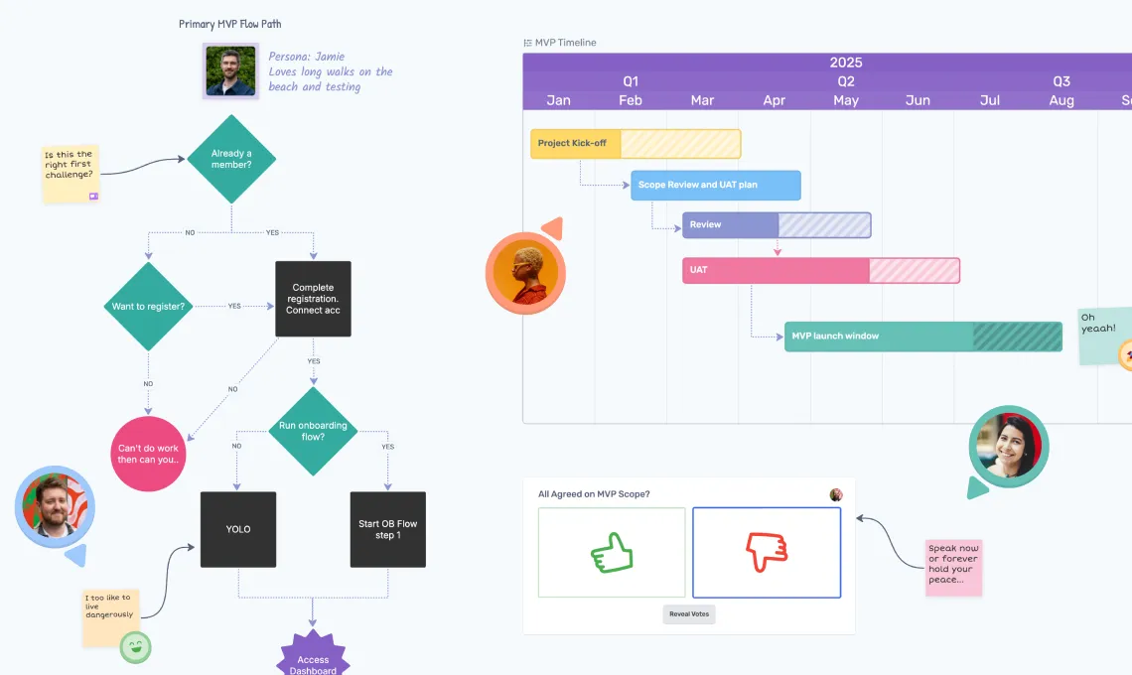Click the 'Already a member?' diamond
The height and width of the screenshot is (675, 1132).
click(231, 159)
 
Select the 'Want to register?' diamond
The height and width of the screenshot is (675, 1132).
click(148, 306)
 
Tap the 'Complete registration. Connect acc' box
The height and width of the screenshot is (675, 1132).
click(313, 299)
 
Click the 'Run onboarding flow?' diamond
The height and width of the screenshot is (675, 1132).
click(313, 431)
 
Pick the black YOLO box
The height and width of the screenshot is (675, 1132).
click(238, 529)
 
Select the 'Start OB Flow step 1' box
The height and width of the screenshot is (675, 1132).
click(387, 529)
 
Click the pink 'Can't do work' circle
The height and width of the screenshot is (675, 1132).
click(149, 454)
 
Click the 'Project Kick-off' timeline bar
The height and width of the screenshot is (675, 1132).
click(636, 144)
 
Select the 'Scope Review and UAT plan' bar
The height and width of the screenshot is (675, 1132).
click(715, 186)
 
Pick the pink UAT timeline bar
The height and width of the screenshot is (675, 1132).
click(820, 270)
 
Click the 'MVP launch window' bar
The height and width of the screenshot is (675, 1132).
click(922, 337)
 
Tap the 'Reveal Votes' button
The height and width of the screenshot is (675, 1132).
click(688, 614)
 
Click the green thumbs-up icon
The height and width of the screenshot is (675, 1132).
click(612, 553)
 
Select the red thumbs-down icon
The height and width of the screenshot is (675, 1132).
click(766, 552)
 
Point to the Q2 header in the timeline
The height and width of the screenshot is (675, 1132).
click(845, 81)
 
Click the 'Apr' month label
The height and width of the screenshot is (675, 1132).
click(774, 100)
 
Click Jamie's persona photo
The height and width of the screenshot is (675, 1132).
click(230, 71)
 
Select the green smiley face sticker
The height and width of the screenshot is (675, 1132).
click(135, 648)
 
